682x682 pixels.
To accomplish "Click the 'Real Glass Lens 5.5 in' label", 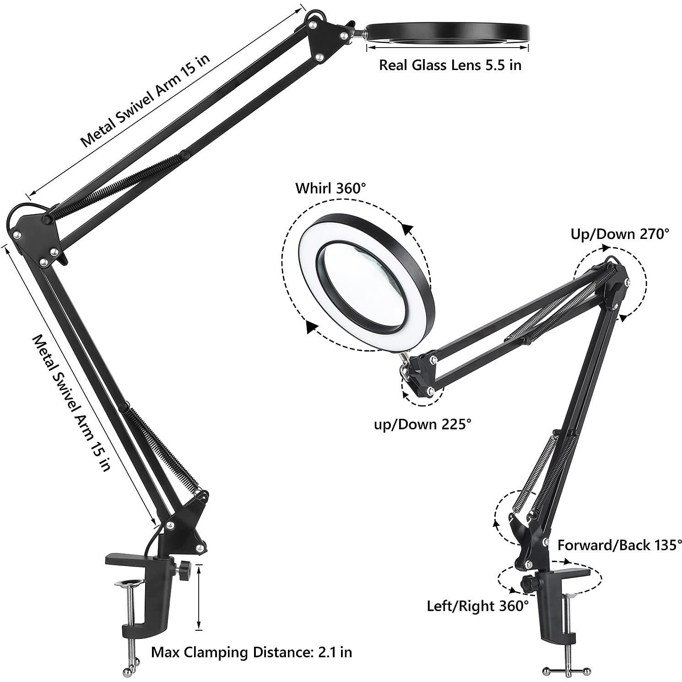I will point(450,65).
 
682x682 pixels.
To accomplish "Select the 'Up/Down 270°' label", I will point(619,234).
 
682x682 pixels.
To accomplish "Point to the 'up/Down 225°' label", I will point(422,424).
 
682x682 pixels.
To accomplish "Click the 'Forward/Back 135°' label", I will point(619,545).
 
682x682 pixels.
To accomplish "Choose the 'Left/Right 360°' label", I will point(477,606).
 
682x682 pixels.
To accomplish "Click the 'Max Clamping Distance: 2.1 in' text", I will point(251,651).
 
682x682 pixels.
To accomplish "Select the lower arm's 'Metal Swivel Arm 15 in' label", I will point(72,403).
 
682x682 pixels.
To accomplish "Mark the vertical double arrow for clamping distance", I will point(199,597).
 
